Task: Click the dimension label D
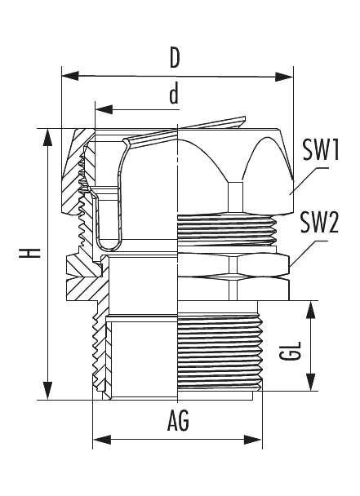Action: click(175, 58)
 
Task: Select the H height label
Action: click(29, 253)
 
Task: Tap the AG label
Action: click(178, 421)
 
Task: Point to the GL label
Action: click(290, 351)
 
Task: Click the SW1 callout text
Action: click(321, 149)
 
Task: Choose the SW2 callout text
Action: click(319, 223)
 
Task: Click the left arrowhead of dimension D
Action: click(69, 76)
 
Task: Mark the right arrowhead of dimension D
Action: click(284, 77)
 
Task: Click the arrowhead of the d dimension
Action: click(104, 109)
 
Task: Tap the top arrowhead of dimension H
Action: click(48, 137)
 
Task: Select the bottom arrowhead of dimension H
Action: click(48, 391)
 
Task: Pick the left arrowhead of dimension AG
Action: click(101, 440)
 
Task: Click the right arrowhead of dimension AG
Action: click(253, 440)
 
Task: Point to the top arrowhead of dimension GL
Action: click(311, 310)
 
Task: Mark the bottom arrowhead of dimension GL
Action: click(311, 382)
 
